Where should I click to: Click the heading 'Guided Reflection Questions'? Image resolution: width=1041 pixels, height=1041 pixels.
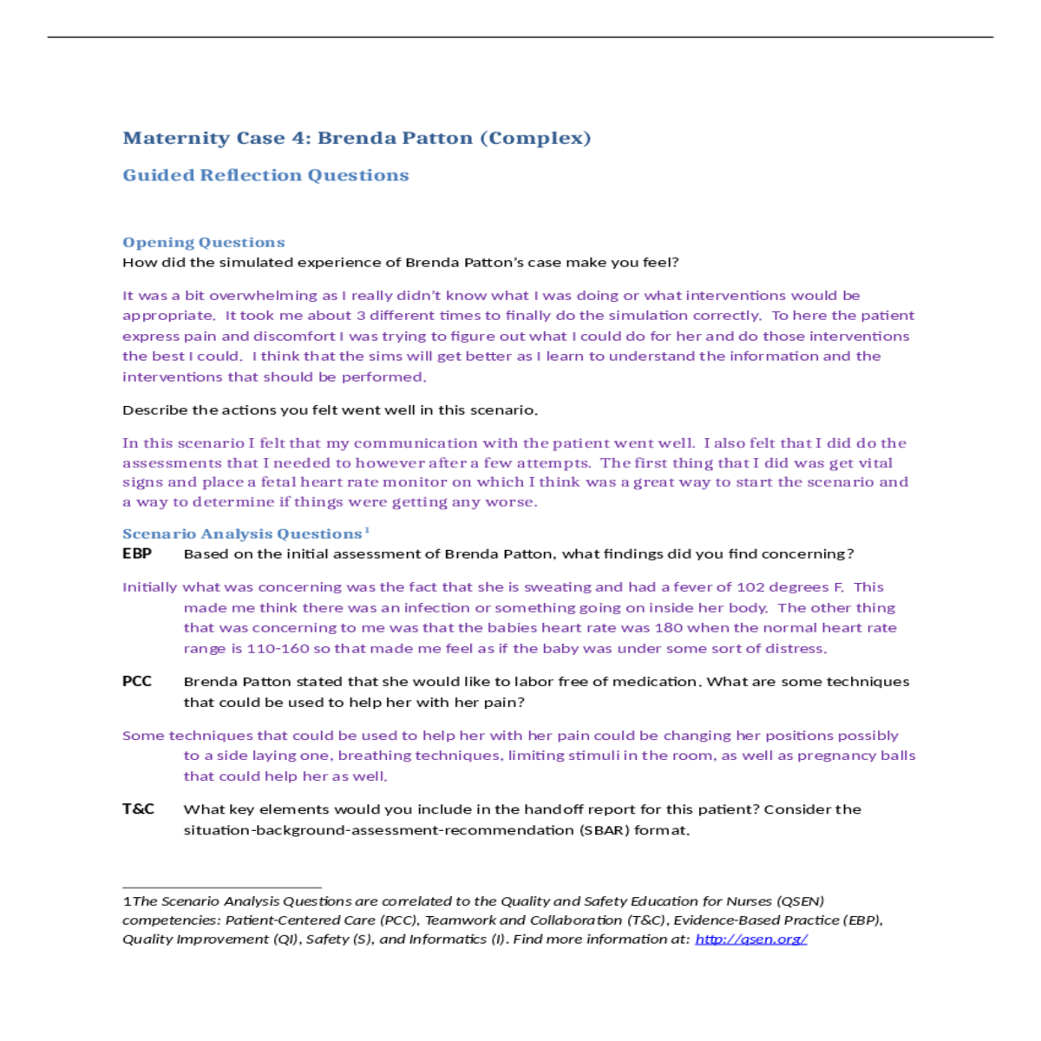tap(265, 175)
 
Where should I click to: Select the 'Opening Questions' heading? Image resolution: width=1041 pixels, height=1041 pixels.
tap(204, 243)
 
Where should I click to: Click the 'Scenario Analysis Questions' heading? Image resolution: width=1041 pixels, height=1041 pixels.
tap(242, 534)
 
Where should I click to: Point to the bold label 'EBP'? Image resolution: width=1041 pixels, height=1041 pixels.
tap(137, 553)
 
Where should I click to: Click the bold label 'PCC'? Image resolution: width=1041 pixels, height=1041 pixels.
tap(137, 682)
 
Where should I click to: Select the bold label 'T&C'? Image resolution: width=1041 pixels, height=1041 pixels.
tap(138, 809)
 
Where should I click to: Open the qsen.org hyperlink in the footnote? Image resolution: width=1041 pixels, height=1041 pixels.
tap(751, 940)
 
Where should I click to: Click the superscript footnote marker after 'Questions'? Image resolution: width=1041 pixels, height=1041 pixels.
tap(367, 530)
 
